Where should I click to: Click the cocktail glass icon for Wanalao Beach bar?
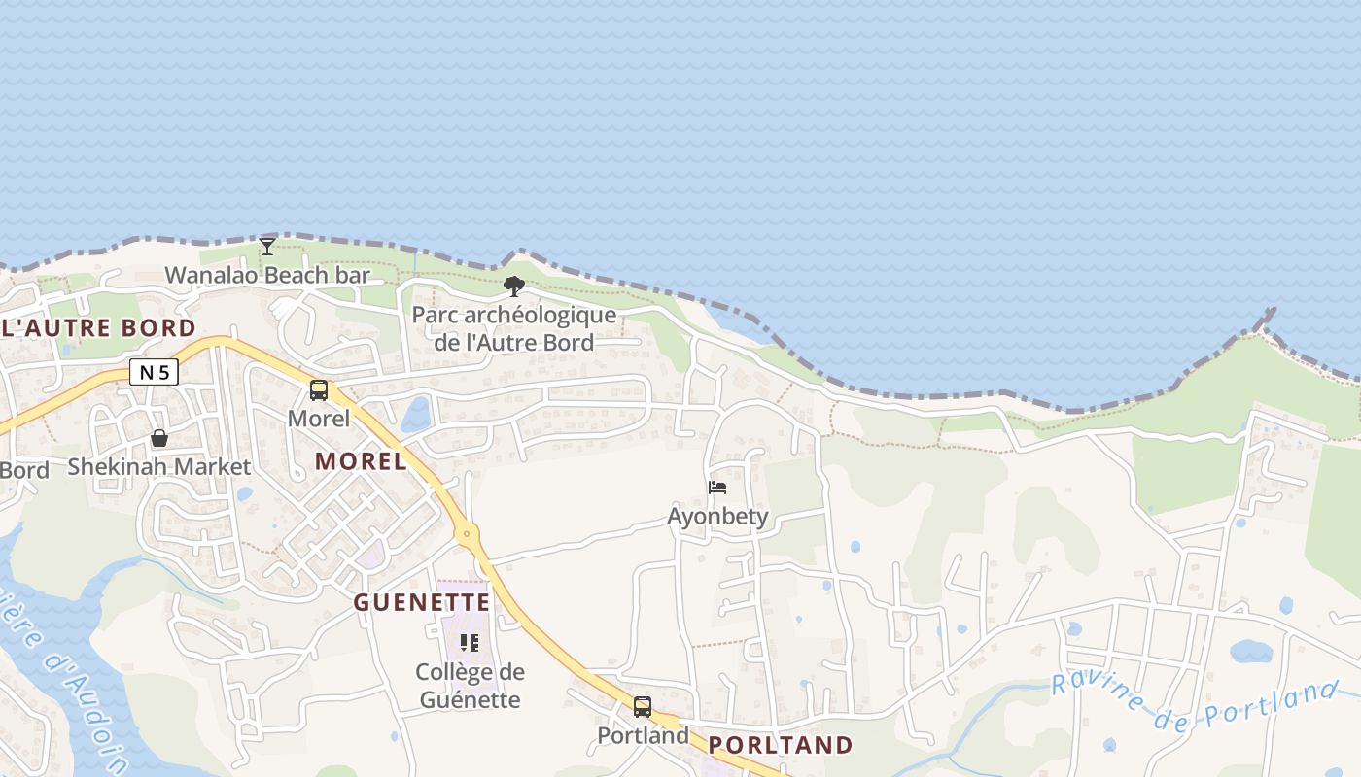coord(267,246)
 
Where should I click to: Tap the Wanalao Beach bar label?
coord(267,275)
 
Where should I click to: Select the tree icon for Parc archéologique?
coord(514,286)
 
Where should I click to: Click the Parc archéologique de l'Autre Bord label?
coord(513,328)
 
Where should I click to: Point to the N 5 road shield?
coord(154,372)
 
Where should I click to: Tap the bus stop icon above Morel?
coord(319,390)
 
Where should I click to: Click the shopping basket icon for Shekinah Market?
coord(159,438)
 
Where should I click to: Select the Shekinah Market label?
coord(159,467)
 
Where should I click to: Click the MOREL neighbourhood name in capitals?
coord(361,461)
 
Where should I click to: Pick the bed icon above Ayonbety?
coord(717,487)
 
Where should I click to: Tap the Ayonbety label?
coord(717,516)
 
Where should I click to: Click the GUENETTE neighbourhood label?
coord(422,602)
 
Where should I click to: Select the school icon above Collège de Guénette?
coord(470,642)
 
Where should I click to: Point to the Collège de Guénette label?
coord(470,686)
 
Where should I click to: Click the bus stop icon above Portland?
coord(643,706)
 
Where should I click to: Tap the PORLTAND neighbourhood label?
coord(781,745)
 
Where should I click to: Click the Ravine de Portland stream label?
coord(1196,704)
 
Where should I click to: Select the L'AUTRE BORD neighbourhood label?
coord(98,327)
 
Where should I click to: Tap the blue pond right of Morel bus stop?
coord(416,415)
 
